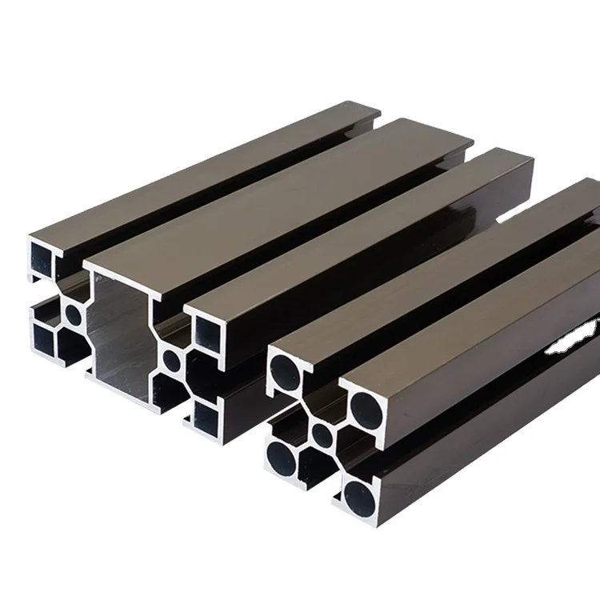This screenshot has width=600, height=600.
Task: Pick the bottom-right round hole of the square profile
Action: (x=358, y=490)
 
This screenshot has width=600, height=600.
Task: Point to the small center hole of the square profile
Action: (x=322, y=435)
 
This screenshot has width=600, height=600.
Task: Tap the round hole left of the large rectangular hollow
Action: (x=73, y=315)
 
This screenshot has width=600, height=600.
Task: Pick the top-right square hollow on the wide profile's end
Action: (x=208, y=327)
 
